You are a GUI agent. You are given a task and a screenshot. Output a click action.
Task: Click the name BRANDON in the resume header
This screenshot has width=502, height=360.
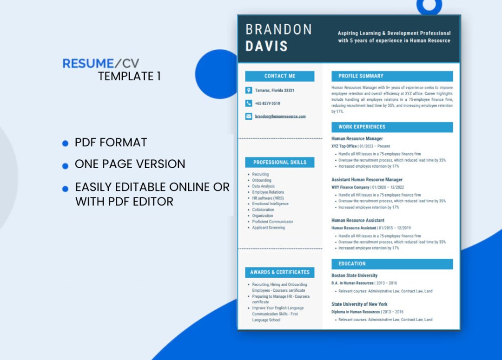tap(278, 30)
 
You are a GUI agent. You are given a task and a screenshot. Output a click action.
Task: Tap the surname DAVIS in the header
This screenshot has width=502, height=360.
tap(266, 46)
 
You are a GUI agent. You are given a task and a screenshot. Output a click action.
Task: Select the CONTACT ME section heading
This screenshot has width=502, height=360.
tap(280, 76)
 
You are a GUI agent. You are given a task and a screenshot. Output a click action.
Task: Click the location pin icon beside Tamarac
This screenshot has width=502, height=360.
tap(249, 90)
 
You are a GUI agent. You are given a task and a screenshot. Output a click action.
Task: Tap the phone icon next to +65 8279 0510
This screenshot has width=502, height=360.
tap(249, 103)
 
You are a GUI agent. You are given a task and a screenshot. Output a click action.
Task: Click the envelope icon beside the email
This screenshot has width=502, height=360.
tap(249, 116)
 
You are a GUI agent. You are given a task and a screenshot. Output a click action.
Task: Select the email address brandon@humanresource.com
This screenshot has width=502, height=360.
tap(280, 116)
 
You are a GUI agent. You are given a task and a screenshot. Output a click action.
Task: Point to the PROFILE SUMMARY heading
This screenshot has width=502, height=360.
tap(361, 76)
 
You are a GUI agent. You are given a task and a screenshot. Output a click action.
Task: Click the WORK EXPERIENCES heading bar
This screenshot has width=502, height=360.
tap(392, 127)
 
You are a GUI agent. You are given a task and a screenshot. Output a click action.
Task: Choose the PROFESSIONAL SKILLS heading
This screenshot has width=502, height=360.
tap(280, 162)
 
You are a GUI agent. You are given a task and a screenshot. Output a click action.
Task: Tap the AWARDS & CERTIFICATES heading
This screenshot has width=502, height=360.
tap(280, 272)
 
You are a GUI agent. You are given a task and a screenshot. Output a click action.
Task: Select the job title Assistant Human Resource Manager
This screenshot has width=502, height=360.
tap(367, 180)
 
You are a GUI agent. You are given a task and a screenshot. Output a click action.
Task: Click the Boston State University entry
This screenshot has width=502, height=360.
tap(354, 275)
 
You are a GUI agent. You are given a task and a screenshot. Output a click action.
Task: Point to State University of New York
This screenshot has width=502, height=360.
tap(359, 304)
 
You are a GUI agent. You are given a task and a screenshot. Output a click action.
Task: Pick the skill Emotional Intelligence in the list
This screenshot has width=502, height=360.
tap(270, 204)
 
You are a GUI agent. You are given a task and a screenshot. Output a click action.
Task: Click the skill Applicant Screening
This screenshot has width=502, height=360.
tap(268, 228)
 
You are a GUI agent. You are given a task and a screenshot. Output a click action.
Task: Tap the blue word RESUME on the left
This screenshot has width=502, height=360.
tap(88, 64)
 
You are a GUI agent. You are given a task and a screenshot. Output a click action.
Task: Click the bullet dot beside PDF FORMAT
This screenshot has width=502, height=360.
tap(66, 143)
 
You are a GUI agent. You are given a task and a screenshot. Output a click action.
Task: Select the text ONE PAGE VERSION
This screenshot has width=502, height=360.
tap(130, 164)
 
